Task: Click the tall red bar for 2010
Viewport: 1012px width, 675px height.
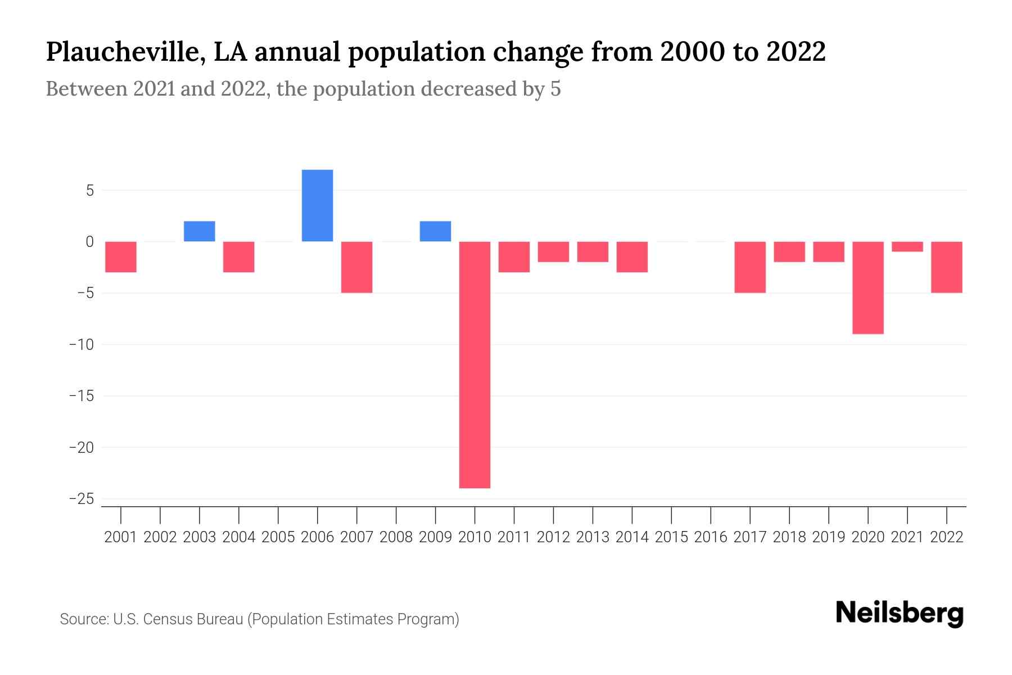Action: click(x=475, y=364)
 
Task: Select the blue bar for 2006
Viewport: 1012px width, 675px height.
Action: click(x=317, y=205)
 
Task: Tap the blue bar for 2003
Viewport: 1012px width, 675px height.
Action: click(x=200, y=231)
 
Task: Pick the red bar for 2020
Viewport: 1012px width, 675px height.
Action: click(x=868, y=287)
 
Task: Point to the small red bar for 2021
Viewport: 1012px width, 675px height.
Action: click(x=907, y=246)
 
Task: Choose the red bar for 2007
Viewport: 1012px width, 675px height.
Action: click(x=356, y=267)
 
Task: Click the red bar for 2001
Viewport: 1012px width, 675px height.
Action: click(x=121, y=256)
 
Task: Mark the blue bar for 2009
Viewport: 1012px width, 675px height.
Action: click(x=435, y=231)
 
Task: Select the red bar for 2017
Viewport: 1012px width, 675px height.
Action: click(x=750, y=267)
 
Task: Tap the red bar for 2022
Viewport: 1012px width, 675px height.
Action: click(x=946, y=267)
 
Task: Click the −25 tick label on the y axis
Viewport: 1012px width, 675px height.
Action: click(x=82, y=499)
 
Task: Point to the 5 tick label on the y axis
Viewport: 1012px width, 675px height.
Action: click(x=90, y=191)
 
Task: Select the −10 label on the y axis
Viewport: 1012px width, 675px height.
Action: click(x=82, y=344)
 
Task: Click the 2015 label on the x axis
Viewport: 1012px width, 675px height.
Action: click(x=671, y=537)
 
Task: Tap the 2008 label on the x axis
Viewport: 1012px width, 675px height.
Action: click(x=396, y=537)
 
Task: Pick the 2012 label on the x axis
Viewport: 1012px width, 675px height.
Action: click(x=553, y=537)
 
